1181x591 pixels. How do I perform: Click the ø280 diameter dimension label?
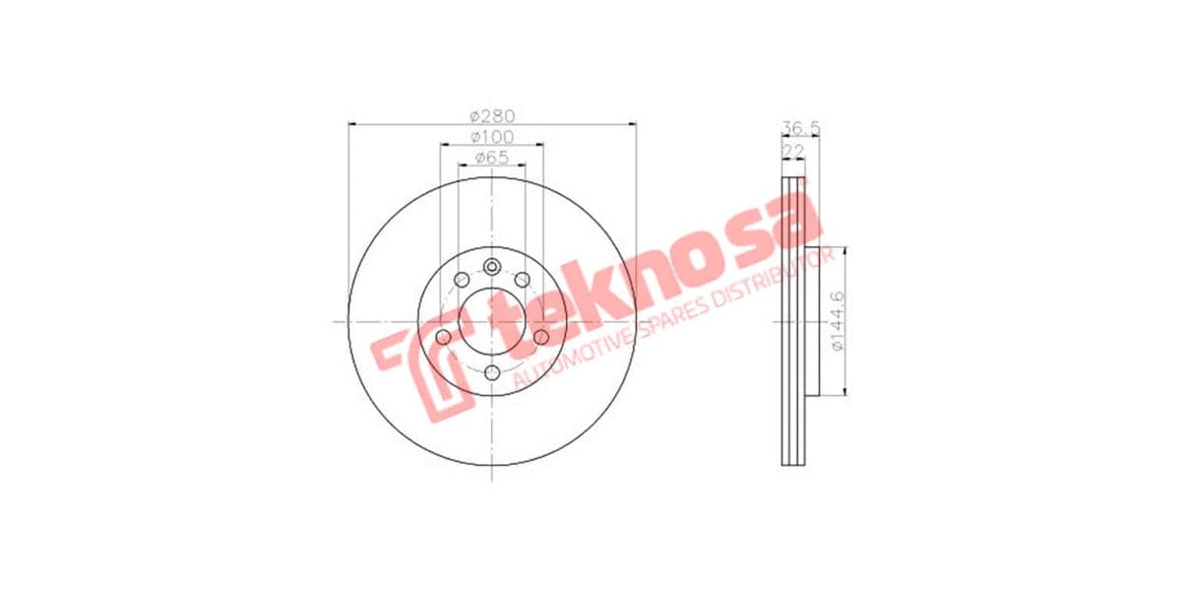click(x=492, y=115)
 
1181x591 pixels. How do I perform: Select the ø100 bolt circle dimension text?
click(x=492, y=136)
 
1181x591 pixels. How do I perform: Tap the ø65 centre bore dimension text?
click(x=491, y=158)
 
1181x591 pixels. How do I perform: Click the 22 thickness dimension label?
click(x=792, y=150)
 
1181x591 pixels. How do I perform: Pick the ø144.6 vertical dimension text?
click(x=838, y=320)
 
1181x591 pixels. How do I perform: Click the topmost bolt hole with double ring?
click(x=492, y=264)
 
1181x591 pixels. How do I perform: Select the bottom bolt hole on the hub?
click(x=492, y=371)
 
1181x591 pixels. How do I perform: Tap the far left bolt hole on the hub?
click(x=443, y=339)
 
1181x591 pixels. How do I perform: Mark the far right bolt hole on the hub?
click(x=541, y=339)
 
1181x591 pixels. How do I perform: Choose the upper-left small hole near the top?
click(x=462, y=280)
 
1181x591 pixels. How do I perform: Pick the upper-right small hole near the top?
click(x=523, y=280)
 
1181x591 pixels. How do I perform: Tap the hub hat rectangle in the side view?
click(x=812, y=320)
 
